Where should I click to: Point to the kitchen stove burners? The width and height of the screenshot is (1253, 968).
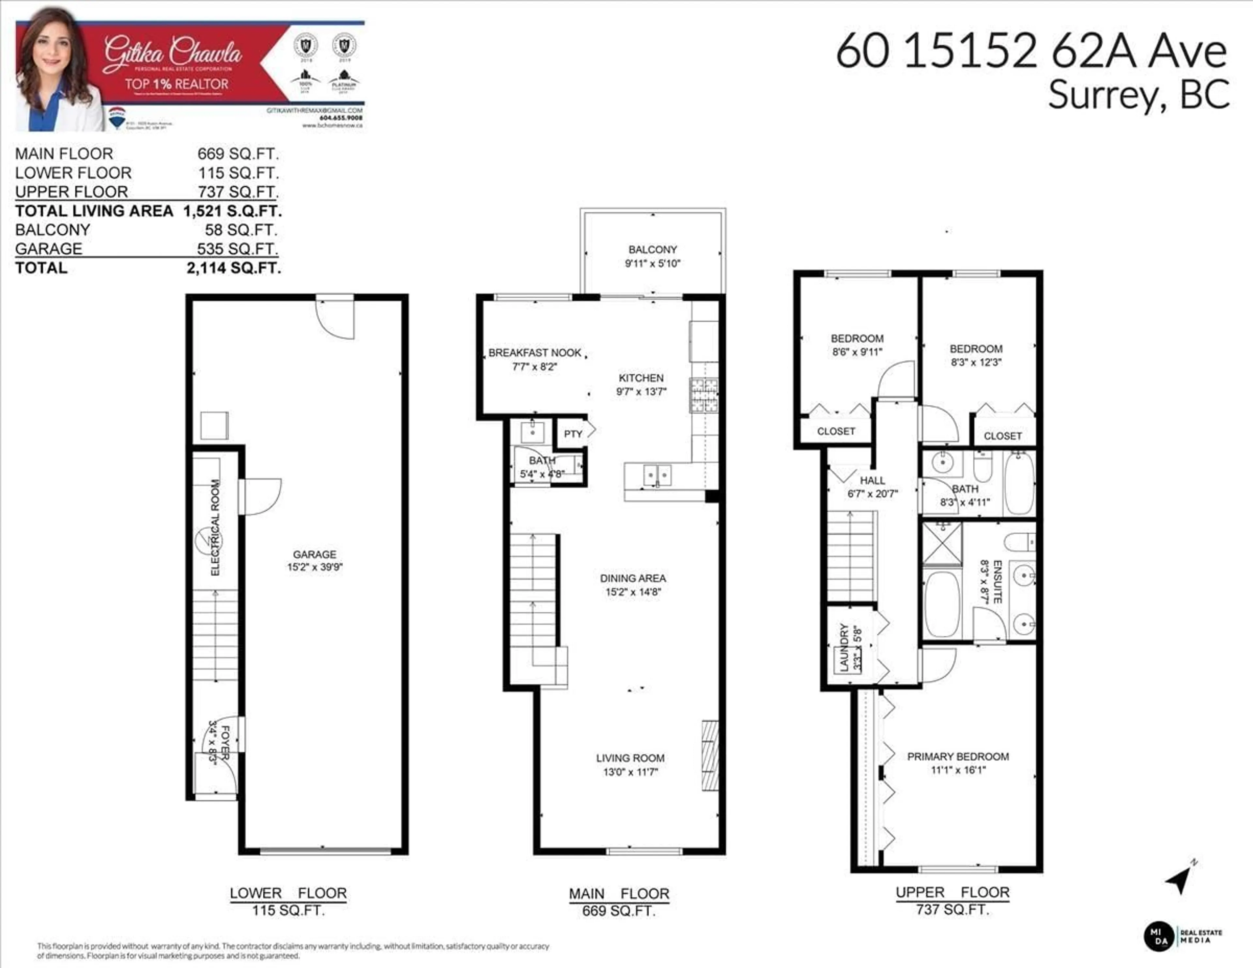click(x=704, y=395)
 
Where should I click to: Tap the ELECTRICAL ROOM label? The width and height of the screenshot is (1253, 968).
click(x=215, y=527)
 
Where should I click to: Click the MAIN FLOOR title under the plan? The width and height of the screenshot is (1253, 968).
click(x=618, y=893)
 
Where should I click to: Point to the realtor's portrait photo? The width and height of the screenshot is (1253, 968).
click(x=54, y=69)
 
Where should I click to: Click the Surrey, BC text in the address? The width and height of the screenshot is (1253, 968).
click(x=1138, y=95)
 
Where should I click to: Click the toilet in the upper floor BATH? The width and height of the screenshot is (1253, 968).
click(x=983, y=466)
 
